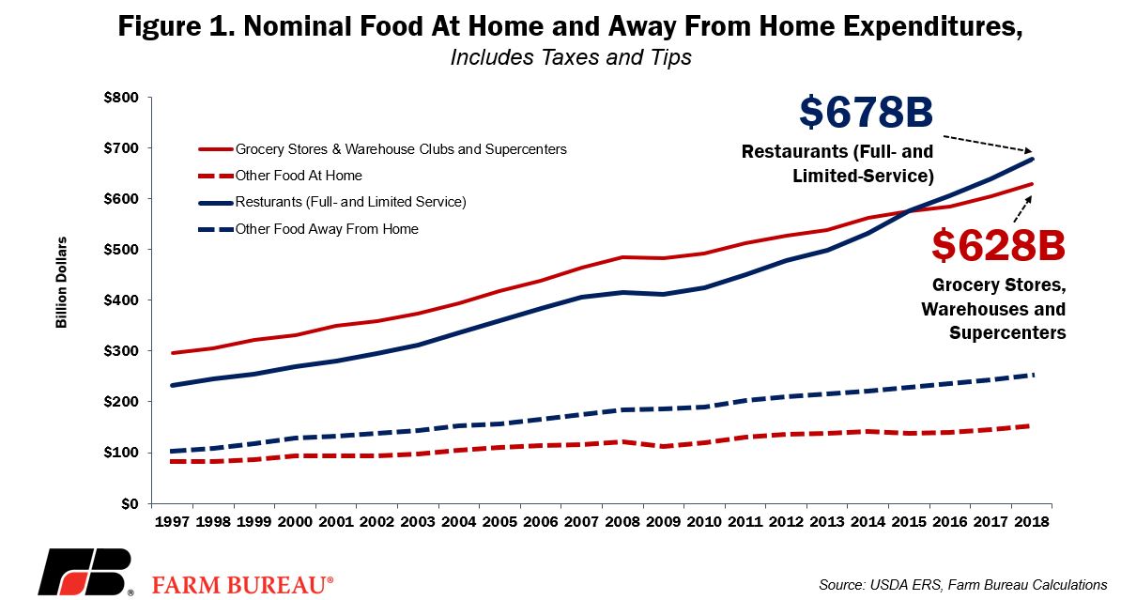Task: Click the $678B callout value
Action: (866, 113)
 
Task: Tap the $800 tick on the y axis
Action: (121, 98)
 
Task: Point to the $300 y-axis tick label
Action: (121, 351)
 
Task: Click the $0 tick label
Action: (131, 503)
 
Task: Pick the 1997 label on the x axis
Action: (173, 521)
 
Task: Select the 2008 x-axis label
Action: (622, 521)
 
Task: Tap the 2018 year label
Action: (1032, 521)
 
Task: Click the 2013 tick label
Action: (827, 521)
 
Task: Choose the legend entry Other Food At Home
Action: (280, 176)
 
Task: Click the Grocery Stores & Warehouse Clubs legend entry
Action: (382, 149)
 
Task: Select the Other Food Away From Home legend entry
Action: (308, 229)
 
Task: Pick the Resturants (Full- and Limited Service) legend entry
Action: (332, 203)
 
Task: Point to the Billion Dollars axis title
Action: (61, 283)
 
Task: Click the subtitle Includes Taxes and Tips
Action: (571, 56)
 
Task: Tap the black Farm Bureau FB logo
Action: (85, 573)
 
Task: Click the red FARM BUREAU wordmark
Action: (242, 584)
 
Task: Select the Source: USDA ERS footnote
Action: (963, 585)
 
